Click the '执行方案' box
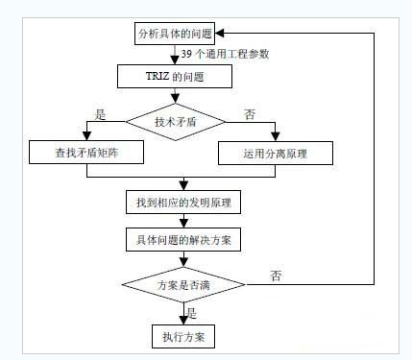[x=182, y=337]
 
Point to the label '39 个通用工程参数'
[x=229, y=54]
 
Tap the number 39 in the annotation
[x=188, y=54]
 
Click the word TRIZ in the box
[x=159, y=76]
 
